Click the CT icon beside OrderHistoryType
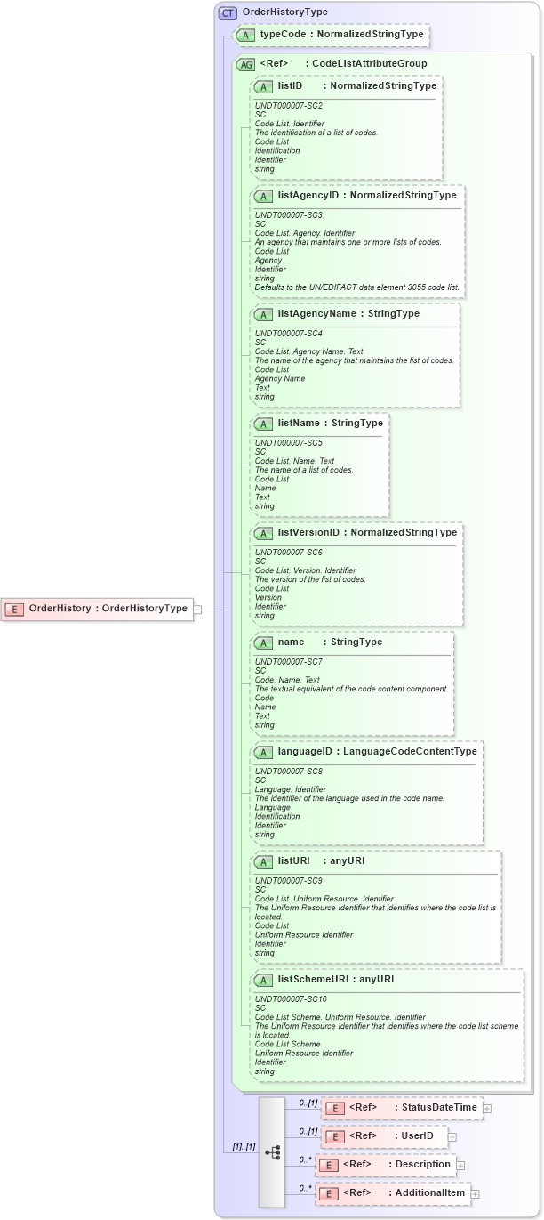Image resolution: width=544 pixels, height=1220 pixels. (x=228, y=12)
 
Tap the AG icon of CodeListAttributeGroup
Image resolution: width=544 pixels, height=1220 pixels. (x=244, y=64)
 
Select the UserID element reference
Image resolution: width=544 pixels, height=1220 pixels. (x=384, y=1136)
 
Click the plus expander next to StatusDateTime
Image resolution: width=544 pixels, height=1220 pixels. (x=487, y=1108)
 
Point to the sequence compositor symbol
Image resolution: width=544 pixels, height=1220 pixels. (x=272, y=1151)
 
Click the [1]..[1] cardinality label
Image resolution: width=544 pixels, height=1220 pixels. (x=244, y=1147)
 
